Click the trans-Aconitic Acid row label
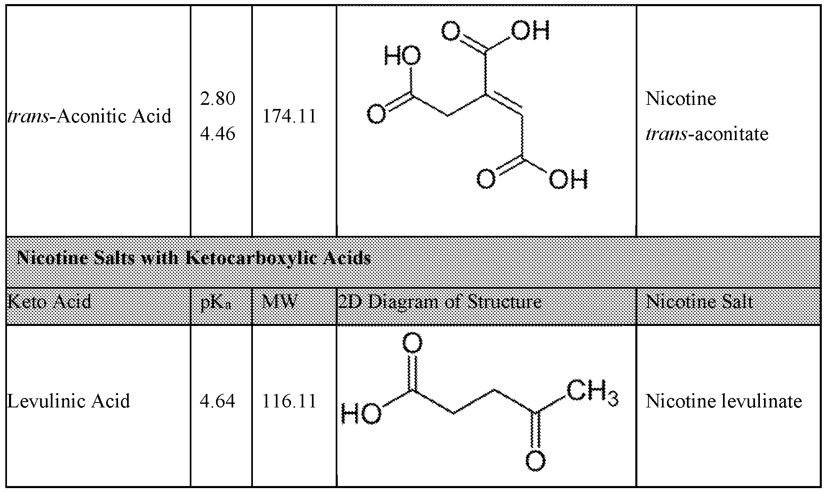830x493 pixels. tap(89, 116)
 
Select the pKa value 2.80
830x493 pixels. tap(218, 99)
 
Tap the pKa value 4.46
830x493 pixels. tap(218, 134)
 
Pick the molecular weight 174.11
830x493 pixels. tap(289, 116)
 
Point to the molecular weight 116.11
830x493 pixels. tap(289, 401)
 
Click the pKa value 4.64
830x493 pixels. tap(218, 401)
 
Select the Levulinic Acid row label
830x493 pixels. tap(68, 401)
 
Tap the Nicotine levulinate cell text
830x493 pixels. tap(723, 401)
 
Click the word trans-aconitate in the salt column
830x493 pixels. tap(707, 134)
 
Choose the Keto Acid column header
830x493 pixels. tap(49, 302)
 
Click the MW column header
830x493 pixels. tap(280, 302)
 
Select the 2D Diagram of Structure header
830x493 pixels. tap(439, 302)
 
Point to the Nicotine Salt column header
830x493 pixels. tap(699, 302)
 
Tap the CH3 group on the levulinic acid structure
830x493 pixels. tap(592, 393)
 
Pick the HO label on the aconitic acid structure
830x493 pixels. tap(402, 57)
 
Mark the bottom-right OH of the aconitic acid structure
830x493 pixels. tap(569, 179)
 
